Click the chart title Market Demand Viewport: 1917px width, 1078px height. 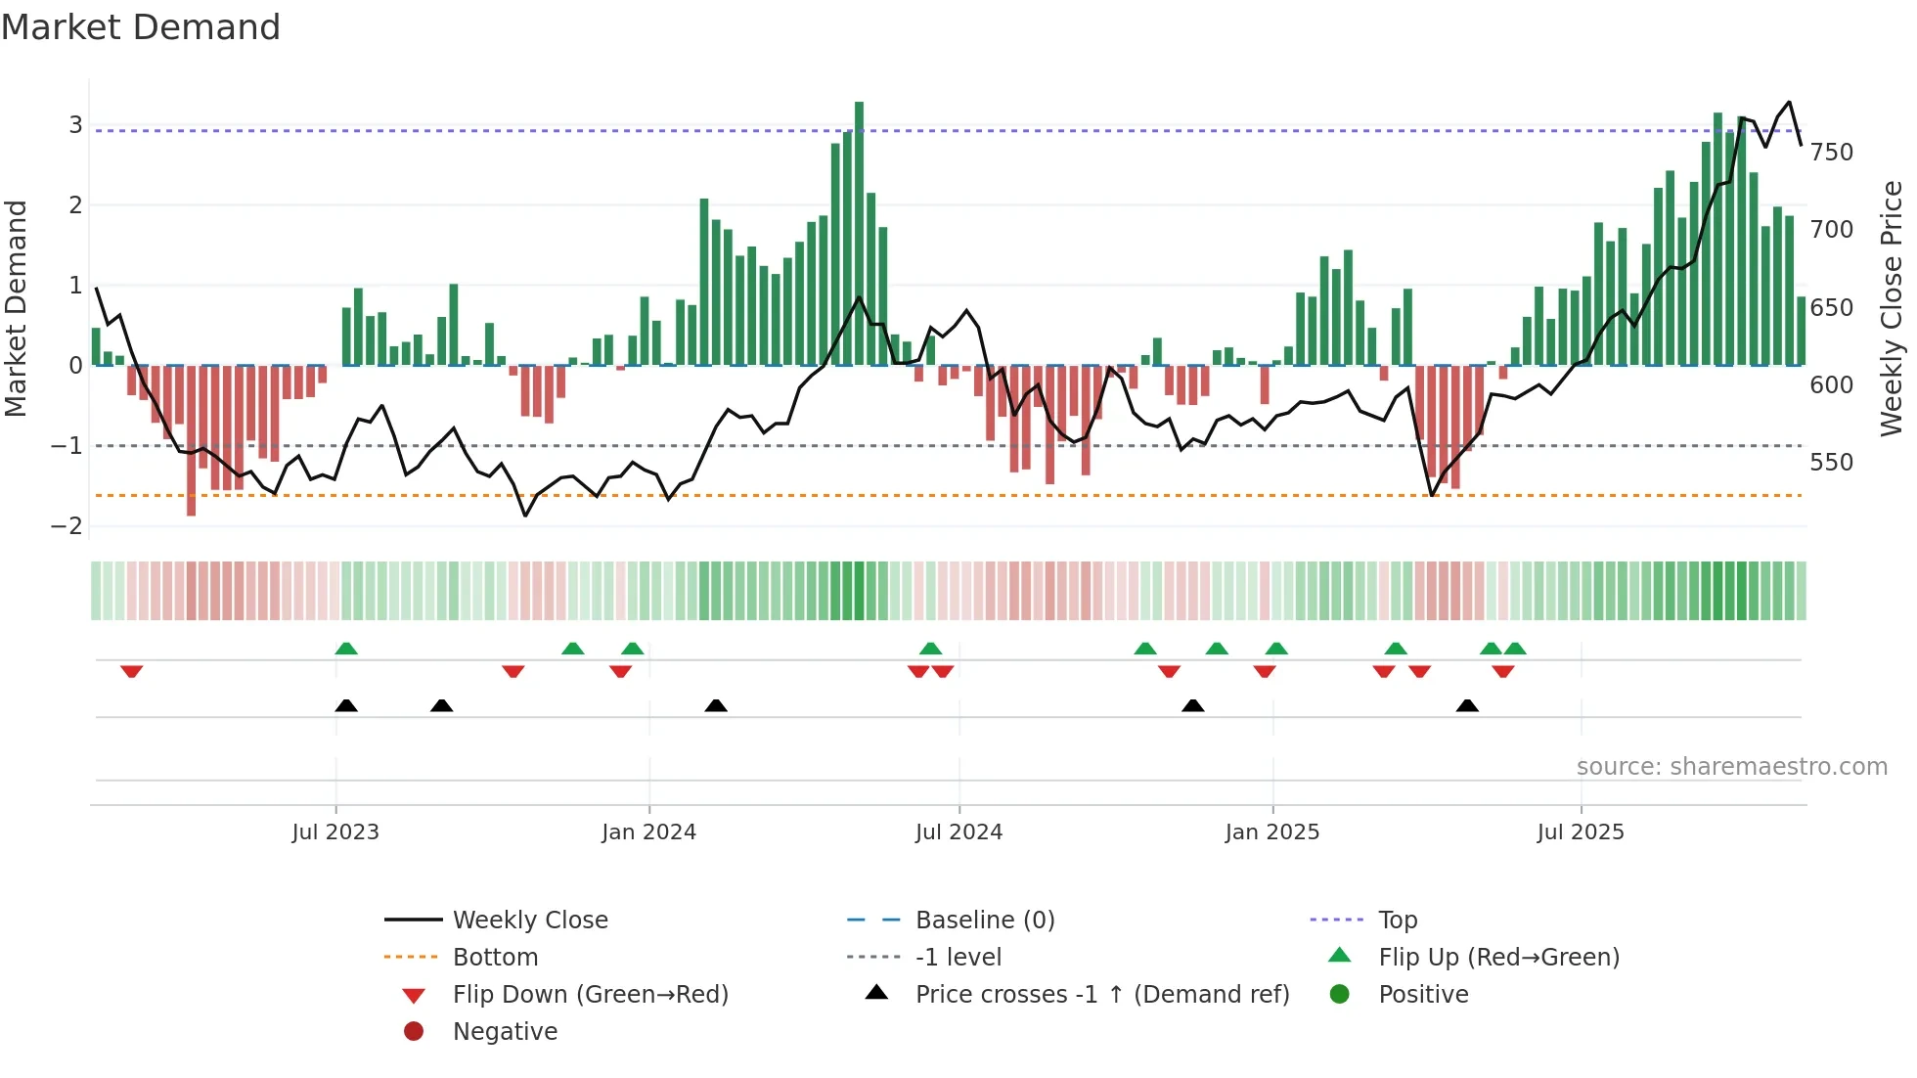[141, 27]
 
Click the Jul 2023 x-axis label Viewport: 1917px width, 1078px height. [335, 832]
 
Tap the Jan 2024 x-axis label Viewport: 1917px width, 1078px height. [648, 832]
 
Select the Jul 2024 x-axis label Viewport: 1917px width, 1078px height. [958, 832]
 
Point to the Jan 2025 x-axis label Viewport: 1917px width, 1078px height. [1271, 832]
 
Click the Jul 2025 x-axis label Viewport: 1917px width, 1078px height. [1581, 832]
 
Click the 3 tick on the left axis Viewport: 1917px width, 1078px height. [75, 125]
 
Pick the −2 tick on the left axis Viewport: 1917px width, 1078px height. [67, 526]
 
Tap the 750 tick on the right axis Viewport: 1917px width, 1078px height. [1831, 153]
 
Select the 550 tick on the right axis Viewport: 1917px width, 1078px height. [1831, 463]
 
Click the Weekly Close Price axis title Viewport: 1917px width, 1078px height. [1892, 308]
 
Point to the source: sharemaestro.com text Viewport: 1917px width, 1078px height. [1731, 767]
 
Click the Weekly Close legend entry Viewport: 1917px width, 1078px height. [530, 921]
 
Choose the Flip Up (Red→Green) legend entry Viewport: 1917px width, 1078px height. [1498, 958]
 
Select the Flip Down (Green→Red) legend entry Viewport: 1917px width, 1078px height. [590, 995]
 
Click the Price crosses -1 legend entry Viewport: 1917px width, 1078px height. [1101, 995]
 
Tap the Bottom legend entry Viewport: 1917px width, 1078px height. [495, 958]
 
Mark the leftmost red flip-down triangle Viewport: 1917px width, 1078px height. [132, 671]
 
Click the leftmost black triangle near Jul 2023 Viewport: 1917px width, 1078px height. [346, 705]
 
